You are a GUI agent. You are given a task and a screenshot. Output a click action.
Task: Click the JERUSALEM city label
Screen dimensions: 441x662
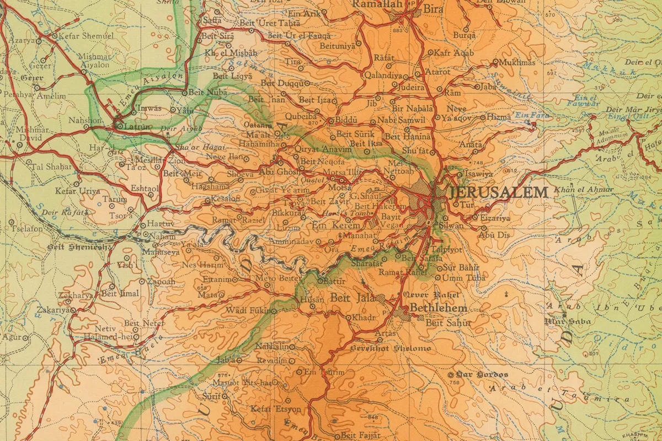[x=498, y=192]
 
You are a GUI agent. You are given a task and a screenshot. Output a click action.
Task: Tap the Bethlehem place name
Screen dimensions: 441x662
[x=439, y=308]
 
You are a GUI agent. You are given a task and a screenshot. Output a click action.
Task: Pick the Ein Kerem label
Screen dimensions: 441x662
[x=336, y=225]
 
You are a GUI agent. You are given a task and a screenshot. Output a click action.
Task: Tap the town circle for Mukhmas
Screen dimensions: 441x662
[x=495, y=62]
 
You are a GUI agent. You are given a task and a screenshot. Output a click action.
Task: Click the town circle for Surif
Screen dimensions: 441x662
[x=225, y=396]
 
